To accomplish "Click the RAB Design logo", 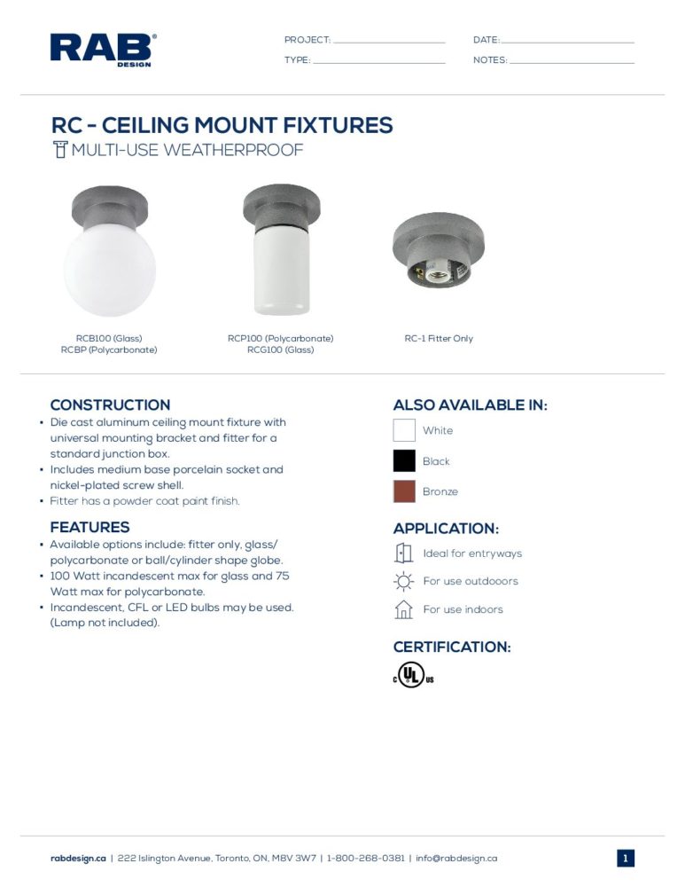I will (x=103, y=50).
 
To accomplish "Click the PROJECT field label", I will (x=307, y=40).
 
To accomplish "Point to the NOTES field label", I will (x=490, y=60).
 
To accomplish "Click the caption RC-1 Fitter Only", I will (x=439, y=339).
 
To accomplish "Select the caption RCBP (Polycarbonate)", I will (x=109, y=350).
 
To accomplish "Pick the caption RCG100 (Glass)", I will (x=280, y=350).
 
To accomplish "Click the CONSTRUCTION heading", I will (x=110, y=405).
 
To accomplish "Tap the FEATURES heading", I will (x=90, y=527).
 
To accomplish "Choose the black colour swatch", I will (x=404, y=461).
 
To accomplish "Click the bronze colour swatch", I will (x=404, y=491).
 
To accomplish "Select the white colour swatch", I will (x=404, y=430).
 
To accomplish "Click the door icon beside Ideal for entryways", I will (x=404, y=553).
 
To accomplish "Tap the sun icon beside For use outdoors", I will (x=404, y=582).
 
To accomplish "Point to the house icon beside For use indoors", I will (x=404, y=609).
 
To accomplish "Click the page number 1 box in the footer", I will (x=626, y=859).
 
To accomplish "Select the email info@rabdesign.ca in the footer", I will (x=456, y=859).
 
